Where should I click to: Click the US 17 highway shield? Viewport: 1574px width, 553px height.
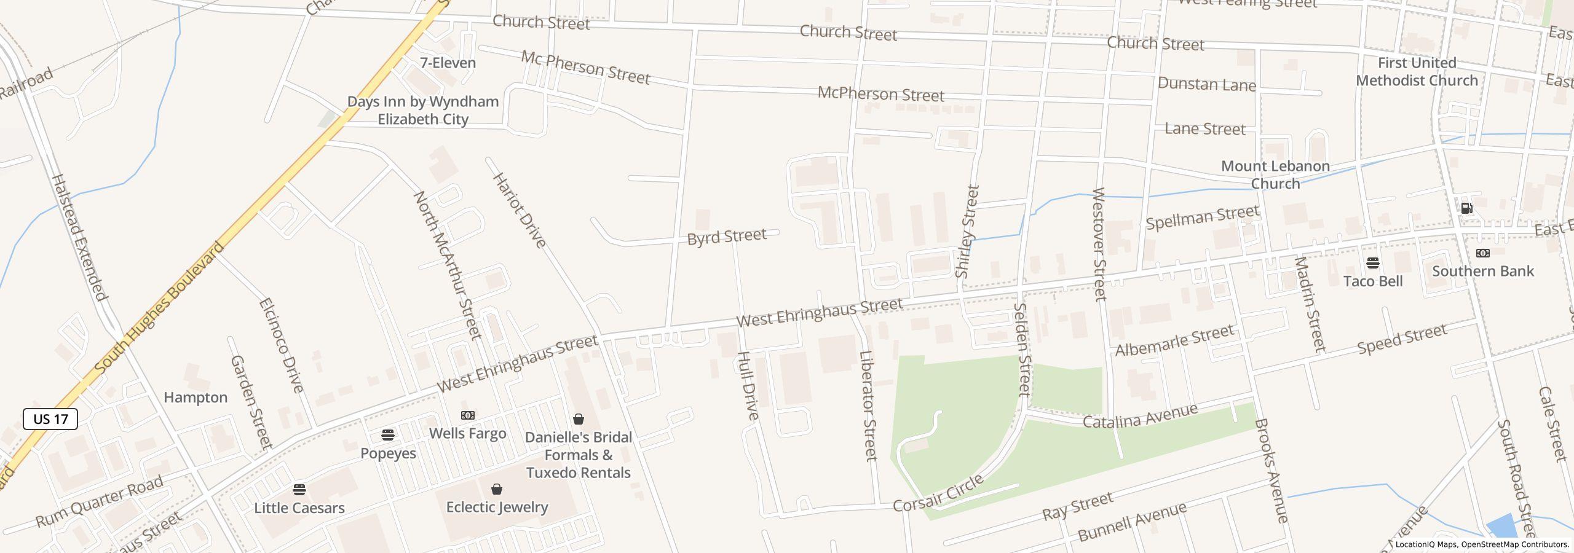50,419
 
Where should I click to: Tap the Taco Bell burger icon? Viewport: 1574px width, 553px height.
1373,264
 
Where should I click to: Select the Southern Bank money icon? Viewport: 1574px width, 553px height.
1483,253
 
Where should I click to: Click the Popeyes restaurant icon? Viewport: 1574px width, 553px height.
388,435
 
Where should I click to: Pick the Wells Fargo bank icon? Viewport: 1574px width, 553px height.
467,415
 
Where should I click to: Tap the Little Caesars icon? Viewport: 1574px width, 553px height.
299,490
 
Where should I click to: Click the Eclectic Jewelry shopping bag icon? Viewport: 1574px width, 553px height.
497,489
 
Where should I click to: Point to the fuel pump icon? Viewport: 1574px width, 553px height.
1466,208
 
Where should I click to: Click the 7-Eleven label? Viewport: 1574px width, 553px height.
448,63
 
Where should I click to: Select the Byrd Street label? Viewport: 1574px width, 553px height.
727,237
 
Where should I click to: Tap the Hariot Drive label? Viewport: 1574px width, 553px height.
520,210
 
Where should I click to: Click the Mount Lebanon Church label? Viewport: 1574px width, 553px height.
1275,175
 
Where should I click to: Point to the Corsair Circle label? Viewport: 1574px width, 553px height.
938,493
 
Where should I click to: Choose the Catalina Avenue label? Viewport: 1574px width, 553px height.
1140,417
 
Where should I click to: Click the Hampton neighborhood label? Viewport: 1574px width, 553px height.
196,398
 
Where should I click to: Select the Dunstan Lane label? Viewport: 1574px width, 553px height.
1206,84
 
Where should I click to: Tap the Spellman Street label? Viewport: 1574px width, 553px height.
1203,218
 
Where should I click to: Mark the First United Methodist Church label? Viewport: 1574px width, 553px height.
1417,71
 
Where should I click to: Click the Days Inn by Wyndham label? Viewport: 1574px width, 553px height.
423,110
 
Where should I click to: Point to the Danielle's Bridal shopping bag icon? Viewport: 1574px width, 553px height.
578,420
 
